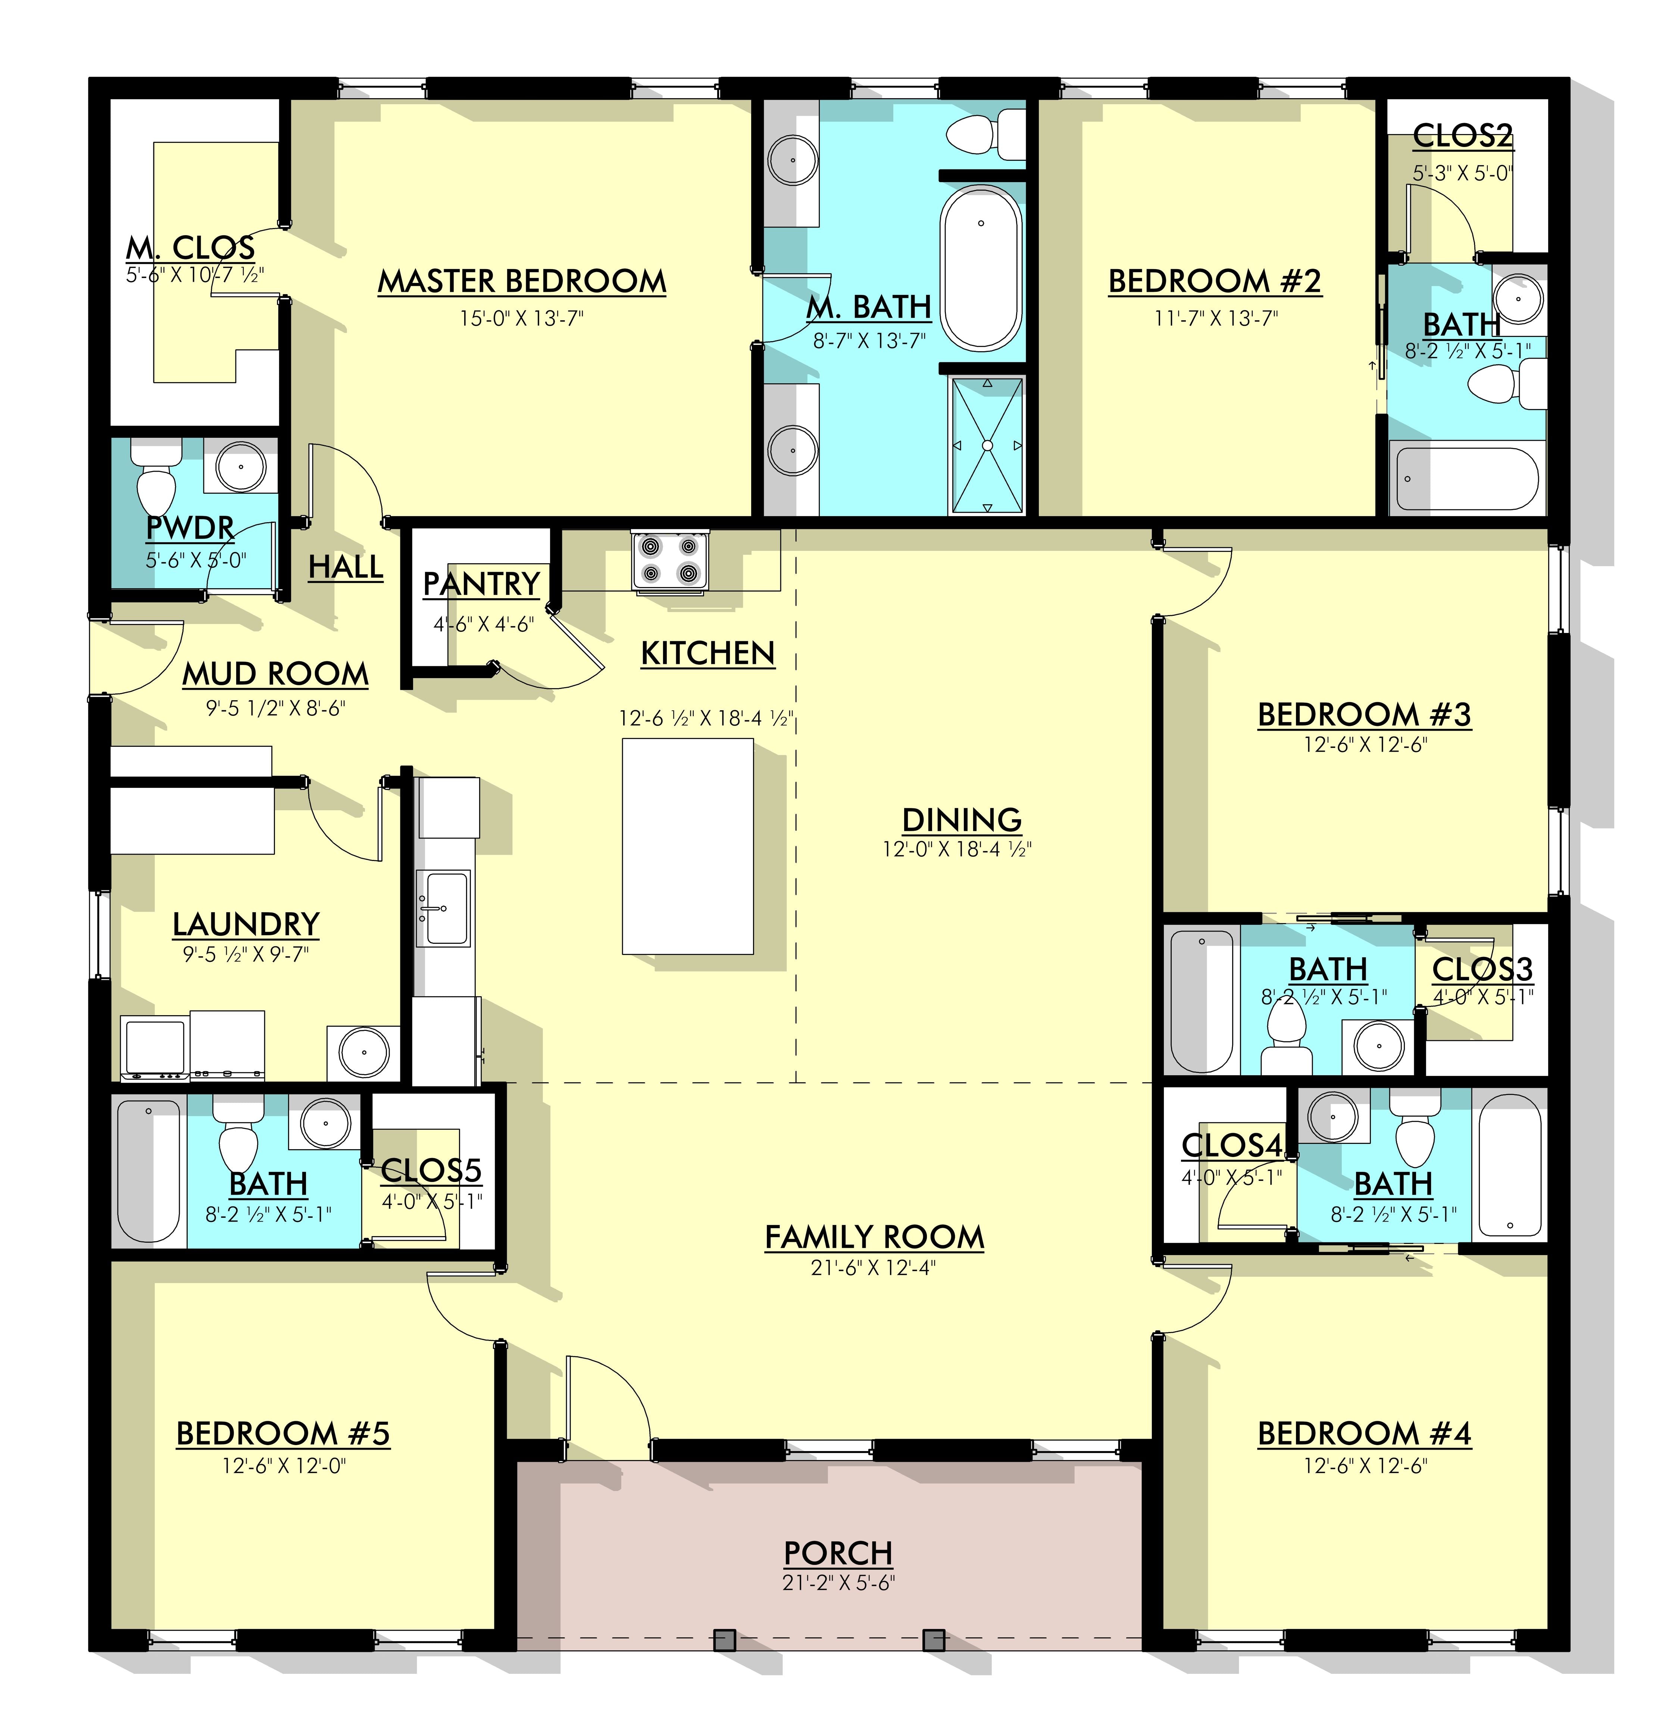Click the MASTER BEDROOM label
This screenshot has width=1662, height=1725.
click(x=522, y=282)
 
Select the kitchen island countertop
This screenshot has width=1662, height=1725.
click(x=687, y=846)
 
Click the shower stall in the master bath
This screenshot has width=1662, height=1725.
click(x=987, y=445)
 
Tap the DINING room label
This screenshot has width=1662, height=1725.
click(x=962, y=819)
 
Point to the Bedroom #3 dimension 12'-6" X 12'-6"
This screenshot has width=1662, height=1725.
click(x=1365, y=745)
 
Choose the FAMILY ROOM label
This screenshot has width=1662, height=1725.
click(x=874, y=1238)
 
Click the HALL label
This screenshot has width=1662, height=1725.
click(x=346, y=567)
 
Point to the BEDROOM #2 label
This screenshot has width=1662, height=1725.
click(x=1214, y=282)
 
